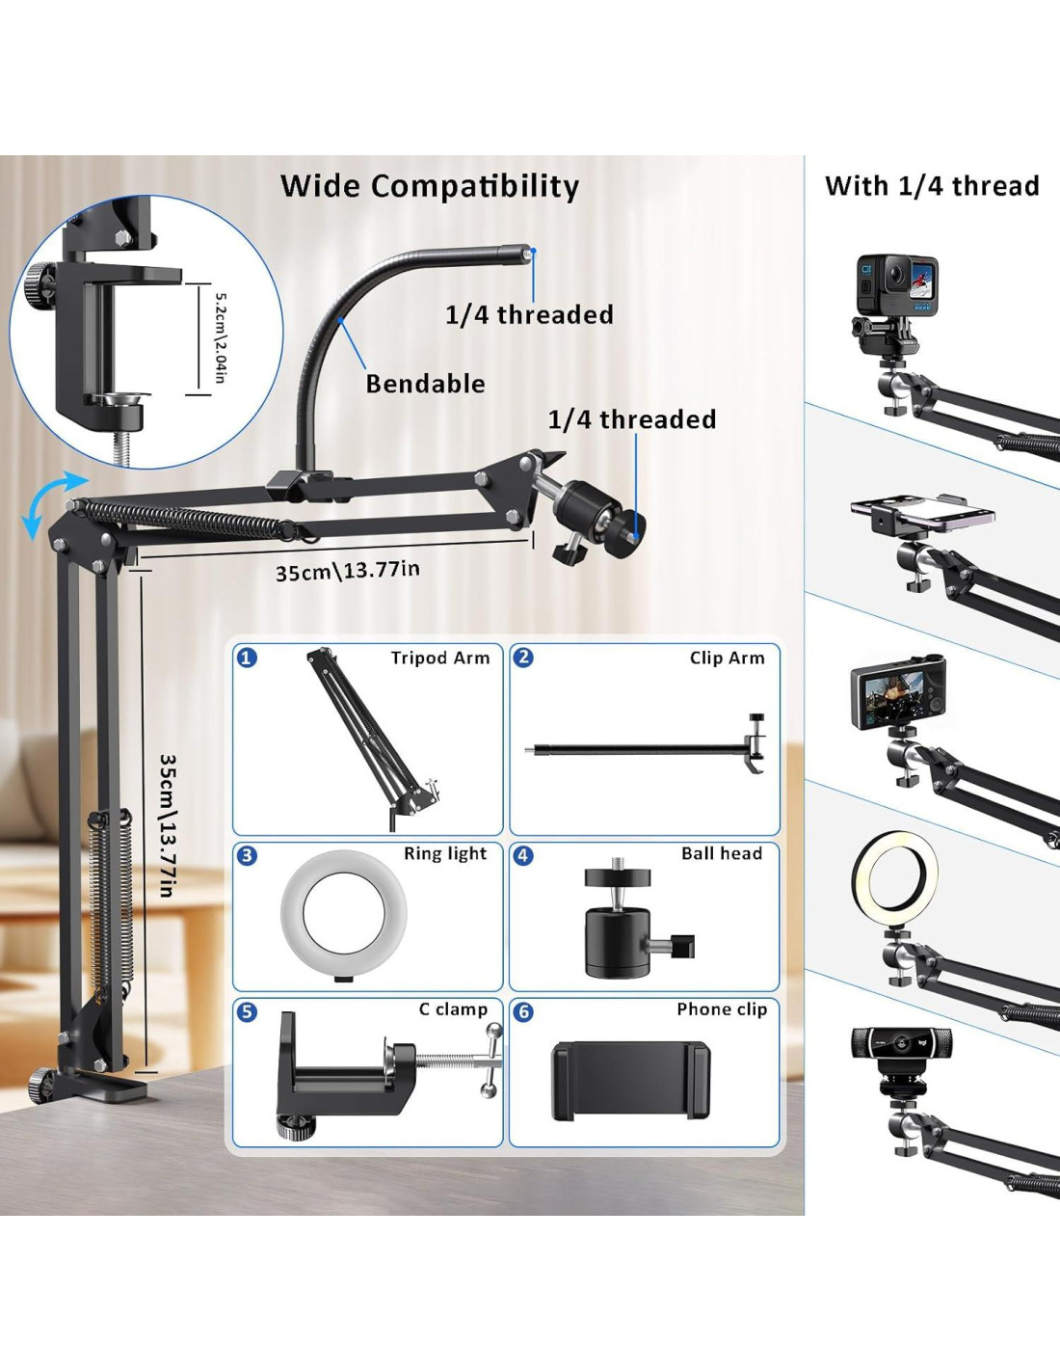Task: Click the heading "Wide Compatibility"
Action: point(430,186)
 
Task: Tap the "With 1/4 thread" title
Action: point(932,186)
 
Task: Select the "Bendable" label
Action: point(425,384)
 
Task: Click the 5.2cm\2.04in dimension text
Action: point(221,337)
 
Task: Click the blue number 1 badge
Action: point(248,658)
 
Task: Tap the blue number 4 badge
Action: point(523,855)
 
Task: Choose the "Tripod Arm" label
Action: point(440,658)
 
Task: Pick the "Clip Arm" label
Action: point(727,658)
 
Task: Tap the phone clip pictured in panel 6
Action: point(630,1081)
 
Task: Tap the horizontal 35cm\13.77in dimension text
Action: point(347,571)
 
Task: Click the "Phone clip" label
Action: point(722,1009)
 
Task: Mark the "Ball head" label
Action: point(722,853)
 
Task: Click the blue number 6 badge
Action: point(523,1011)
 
